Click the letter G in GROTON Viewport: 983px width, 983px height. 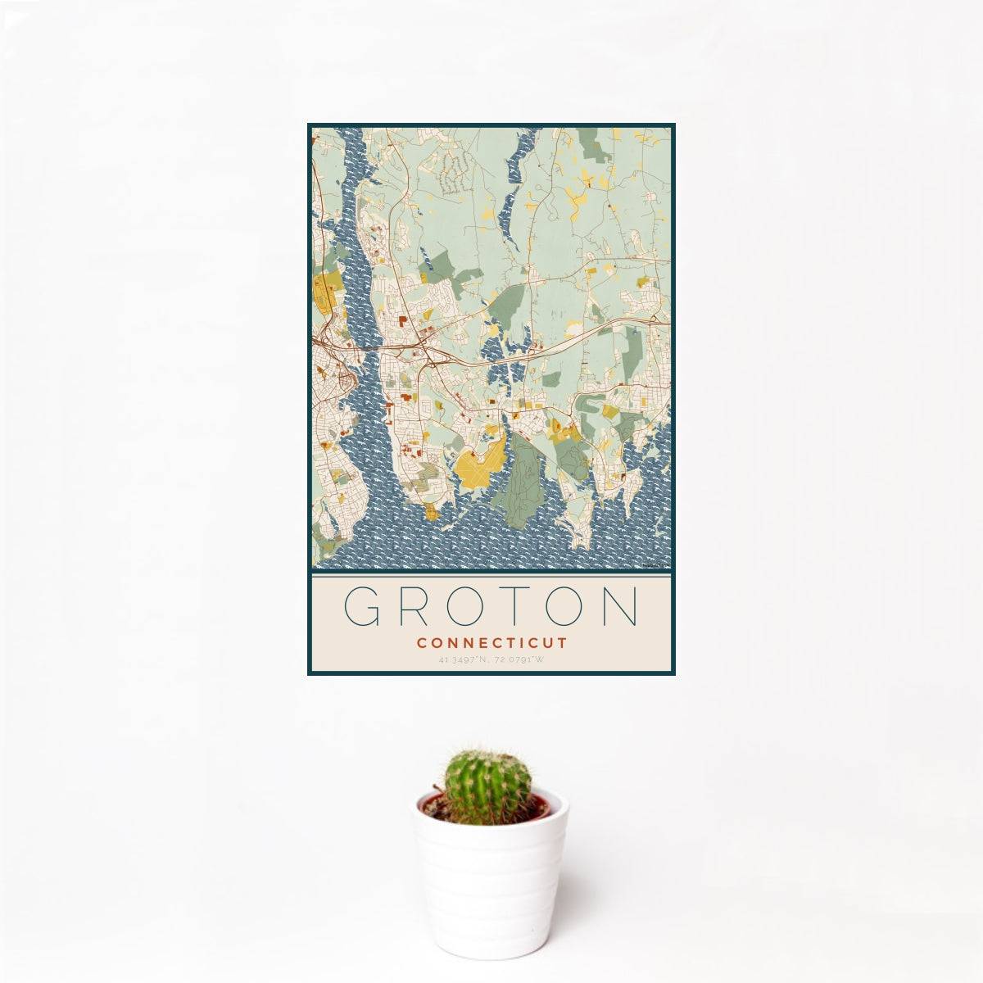361,607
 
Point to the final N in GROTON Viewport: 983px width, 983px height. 619,607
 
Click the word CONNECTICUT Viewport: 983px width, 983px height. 491,643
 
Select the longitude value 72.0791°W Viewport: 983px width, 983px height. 519,659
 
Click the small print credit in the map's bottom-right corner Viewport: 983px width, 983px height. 656,564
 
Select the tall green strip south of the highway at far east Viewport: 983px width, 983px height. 633,352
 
